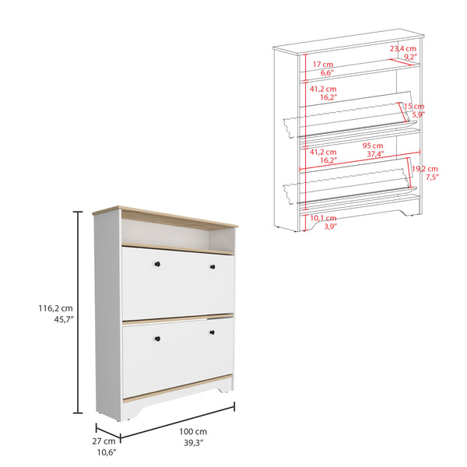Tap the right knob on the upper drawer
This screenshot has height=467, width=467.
(212, 268)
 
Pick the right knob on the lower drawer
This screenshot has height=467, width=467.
(212, 333)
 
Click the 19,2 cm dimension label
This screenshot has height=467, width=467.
(425, 168)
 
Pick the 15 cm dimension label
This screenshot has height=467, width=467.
(414, 106)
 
